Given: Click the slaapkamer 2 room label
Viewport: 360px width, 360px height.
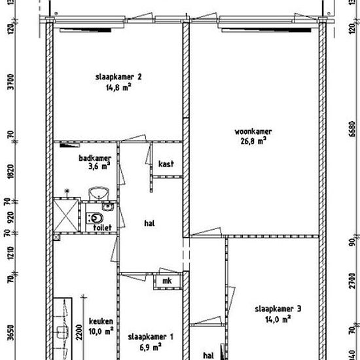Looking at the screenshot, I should tap(118, 76).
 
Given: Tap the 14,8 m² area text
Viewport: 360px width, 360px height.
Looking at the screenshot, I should tap(118, 86).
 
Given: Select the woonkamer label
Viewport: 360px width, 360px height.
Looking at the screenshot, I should tap(253, 131).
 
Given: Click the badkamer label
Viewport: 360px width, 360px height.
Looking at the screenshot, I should tap(94, 158).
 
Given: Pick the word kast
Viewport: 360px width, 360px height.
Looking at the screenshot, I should tap(165, 164).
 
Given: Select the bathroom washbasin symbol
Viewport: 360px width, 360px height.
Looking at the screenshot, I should tap(98, 193).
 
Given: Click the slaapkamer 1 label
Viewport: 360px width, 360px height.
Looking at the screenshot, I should tap(151, 337).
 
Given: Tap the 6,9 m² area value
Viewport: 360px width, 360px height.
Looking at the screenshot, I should tap(151, 347).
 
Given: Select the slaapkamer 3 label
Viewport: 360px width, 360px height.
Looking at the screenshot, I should tap(278, 309).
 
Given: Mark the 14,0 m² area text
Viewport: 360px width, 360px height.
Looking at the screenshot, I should tap(278, 319).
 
